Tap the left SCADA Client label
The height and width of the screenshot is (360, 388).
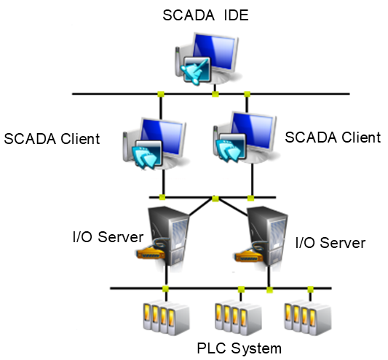tap(52, 139)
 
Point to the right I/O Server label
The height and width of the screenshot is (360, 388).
tap(330, 241)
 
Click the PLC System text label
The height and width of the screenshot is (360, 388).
tap(238, 348)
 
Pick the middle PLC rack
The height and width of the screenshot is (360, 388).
tap(237, 317)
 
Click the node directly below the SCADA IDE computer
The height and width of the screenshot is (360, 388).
tap(215, 94)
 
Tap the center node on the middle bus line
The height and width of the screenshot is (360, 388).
tap(214, 198)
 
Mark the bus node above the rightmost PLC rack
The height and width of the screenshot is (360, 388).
tap(310, 289)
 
